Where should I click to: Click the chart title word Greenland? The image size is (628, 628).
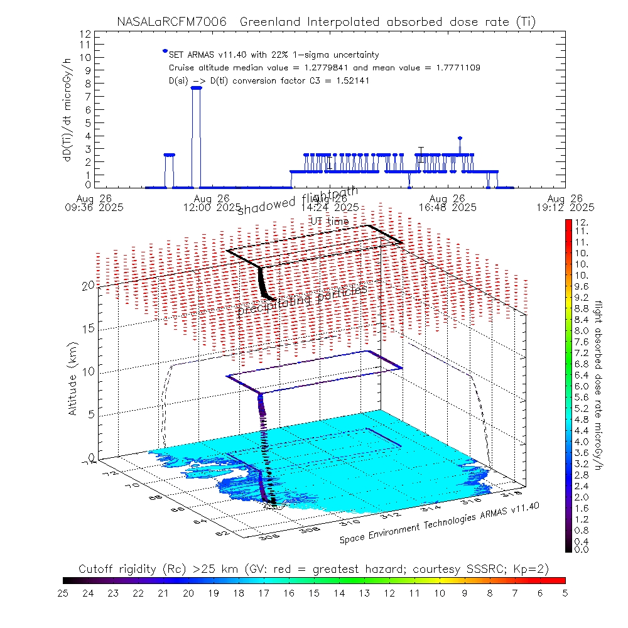pyautogui.click(x=274, y=22)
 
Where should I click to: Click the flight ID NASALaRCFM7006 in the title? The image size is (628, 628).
pyautogui.click(x=170, y=22)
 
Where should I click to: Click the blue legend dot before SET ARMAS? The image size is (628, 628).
pyautogui.click(x=165, y=51)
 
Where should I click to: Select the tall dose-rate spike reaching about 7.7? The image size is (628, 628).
pyautogui.click(x=196, y=88)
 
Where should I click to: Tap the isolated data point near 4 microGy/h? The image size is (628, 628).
pyautogui.click(x=460, y=138)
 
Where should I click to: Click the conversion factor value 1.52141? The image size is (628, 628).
pyautogui.click(x=335, y=80)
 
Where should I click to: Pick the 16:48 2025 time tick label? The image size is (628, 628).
pyautogui.click(x=455, y=207)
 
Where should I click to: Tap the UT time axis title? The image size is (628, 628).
pyautogui.click(x=330, y=221)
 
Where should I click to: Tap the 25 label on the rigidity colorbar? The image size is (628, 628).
pyautogui.click(x=63, y=592)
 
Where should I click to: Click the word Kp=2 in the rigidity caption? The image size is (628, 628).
pyautogui.click(x=531, y=569)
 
